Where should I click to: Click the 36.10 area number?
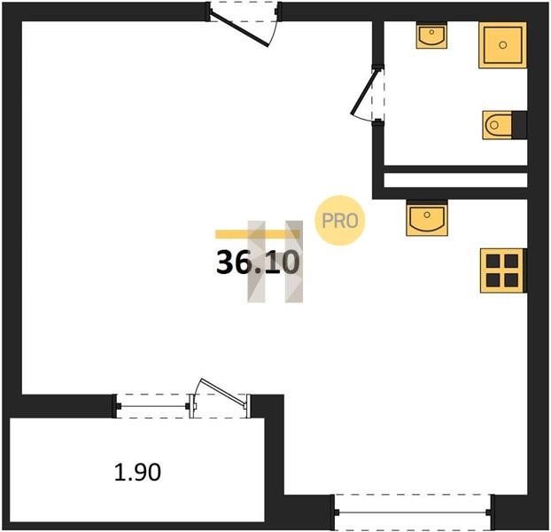coord(258,262)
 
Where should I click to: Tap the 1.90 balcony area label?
coord(138,472)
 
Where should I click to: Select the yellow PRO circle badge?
coord(340,221)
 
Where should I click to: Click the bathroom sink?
coord(431,35)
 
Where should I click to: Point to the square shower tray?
coord(502,44)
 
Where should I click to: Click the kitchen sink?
coord(427,218)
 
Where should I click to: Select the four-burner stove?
coord(503,270)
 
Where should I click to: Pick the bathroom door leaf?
coord(365,91)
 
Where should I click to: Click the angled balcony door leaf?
coord(223,393)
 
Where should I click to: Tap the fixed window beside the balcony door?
coord(152,406)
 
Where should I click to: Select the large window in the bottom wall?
coord(413,512)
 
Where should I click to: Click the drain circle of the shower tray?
coord(503,45)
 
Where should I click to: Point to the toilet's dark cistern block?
coord(519,125)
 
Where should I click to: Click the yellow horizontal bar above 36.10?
coord(257,234)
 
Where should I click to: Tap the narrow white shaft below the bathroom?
coord(455,180)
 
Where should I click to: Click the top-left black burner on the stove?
coord(493,262)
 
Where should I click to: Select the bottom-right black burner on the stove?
coord(511,280)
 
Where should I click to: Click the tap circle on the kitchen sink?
coord(427,215)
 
